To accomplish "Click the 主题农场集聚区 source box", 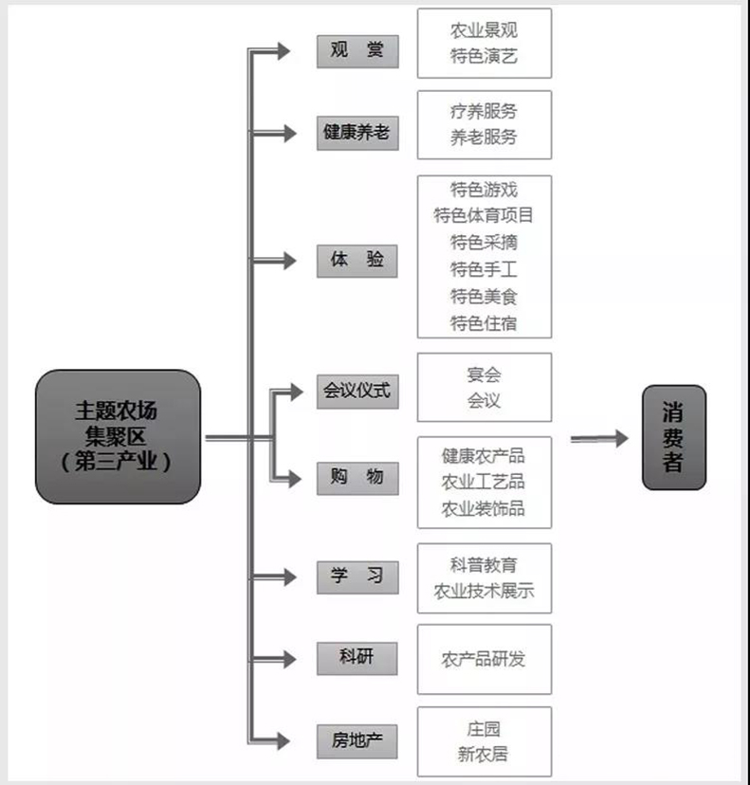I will point(119,436).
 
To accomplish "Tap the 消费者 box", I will point(674,437).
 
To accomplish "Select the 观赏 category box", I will point(357,51).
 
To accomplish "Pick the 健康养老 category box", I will point(357,133).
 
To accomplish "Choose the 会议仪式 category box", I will point(357,390).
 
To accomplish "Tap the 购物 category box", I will point(357,478).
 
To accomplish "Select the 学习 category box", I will point(357,576).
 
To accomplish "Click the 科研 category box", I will point(357,657).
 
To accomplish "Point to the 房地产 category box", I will point(357,740).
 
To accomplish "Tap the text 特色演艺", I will point(485,57).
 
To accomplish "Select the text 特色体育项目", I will point(485,216).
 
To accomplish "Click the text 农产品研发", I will point(485,659).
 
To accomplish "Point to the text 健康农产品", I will point(485,456).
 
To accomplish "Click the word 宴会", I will point(485,374).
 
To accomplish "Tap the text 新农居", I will point(485,756).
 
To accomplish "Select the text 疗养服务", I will point(485,111).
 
